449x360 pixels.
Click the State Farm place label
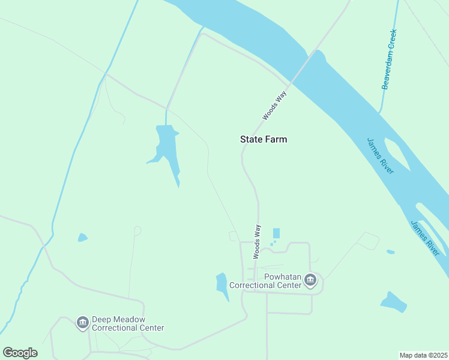tap(264, 139)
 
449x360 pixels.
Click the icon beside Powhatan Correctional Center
tap(310, 280)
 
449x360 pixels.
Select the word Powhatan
tap(265, 277)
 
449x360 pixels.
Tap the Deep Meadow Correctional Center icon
tap(82, 323)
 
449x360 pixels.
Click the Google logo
tap(20, 352)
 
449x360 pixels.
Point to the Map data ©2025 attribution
tap(423, 355)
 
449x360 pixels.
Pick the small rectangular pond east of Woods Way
tap(276, 233)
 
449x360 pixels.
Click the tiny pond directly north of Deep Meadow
tap(82, 238)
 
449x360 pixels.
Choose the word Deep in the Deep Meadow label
tap(101, 320)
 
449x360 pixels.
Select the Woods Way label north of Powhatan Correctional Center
tap(257, 241)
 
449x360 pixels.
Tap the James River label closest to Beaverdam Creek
tap(381, 155)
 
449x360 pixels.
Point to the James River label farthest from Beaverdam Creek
tap(426, 238)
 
